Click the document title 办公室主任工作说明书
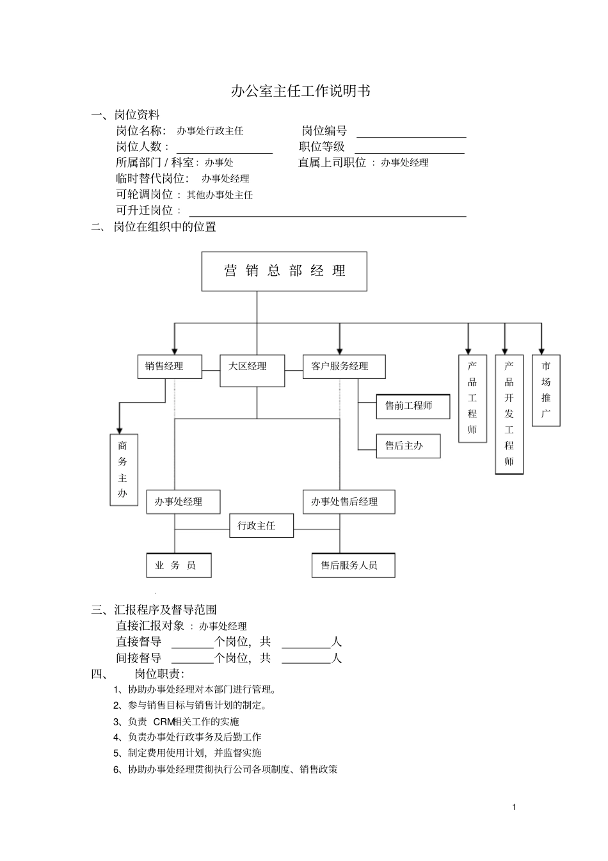click(300, 91)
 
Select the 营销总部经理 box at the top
click(284, 271)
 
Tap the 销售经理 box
click(170, 366)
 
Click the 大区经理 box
click(252, 370)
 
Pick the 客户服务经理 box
click(344, 366)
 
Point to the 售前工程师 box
click(412, 406)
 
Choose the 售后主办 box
click(408, 446)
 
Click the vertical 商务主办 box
click(124, 469)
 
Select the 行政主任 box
click(261, 526)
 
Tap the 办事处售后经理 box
click(348, 501)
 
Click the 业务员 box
click(179, 565)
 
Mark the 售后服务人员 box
click(353, 565)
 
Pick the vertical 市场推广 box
click(546, 390)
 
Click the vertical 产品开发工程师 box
click(509, 414)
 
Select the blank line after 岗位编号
click(411, 133)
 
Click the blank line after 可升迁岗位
click(327, 213)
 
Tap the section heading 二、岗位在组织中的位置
click(154, 227)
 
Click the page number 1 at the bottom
click(514, 807)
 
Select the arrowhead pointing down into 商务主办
click(119, 429)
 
